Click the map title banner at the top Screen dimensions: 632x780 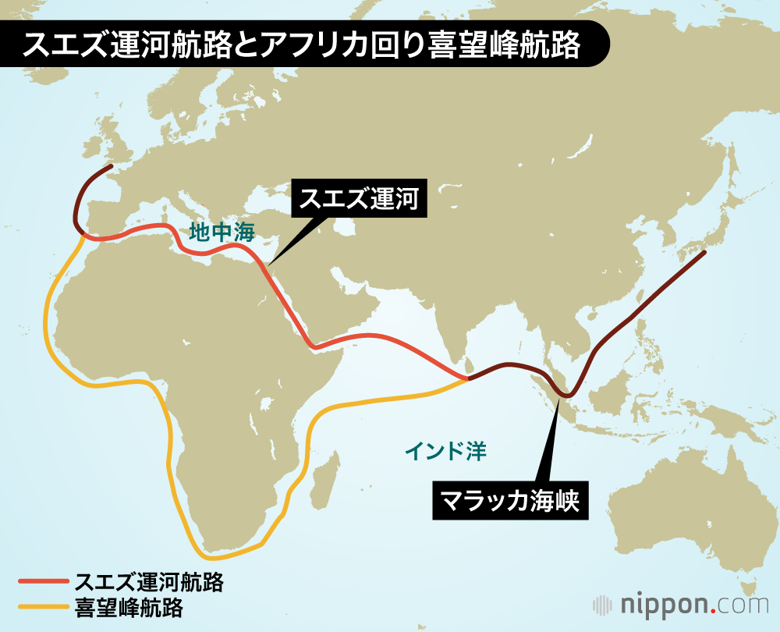click(x=304, y=45)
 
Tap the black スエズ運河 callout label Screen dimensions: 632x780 click(x=360, y=200)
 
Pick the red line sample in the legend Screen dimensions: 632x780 click(x=44, y=582)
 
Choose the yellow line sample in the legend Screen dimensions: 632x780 click(x=44, y=605)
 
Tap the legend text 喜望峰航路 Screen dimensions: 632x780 click(x=129, y=606)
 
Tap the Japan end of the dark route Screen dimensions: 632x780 click(x=704, y=252)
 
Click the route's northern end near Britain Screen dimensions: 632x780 click(x=111, y=166)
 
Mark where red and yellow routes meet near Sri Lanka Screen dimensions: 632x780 click(x=468, y=378)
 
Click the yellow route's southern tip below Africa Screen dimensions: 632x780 click(x=214, y=557)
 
